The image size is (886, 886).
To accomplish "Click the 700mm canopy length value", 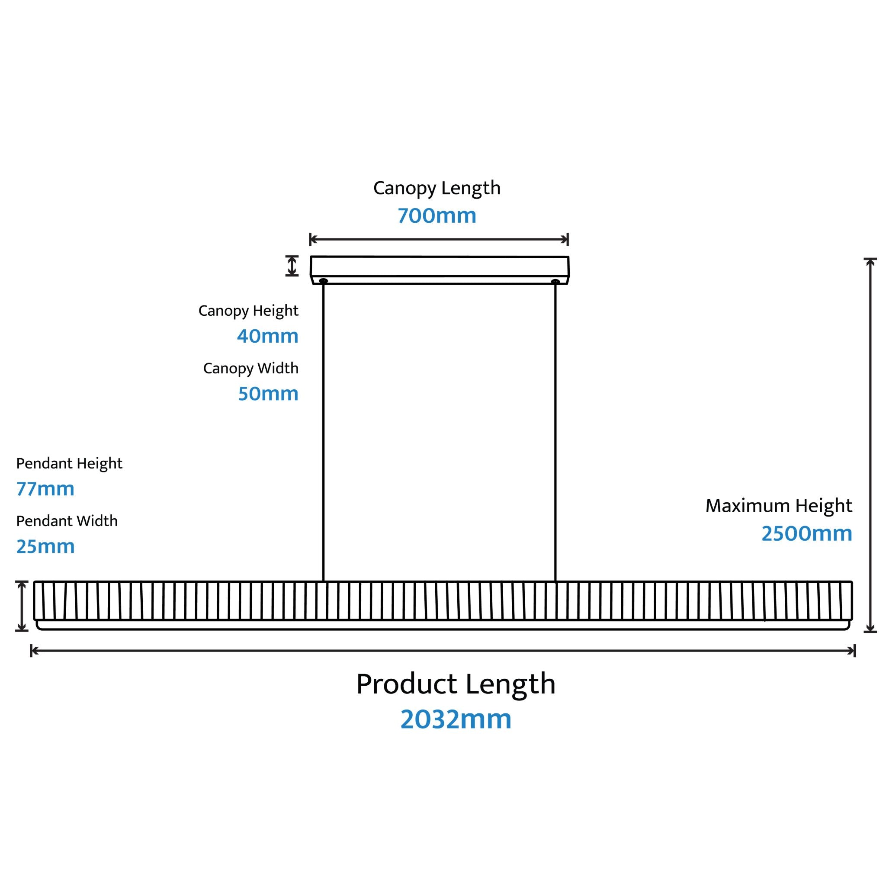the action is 437,215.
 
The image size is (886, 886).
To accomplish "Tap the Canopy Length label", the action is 437,189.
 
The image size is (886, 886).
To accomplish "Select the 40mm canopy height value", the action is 268,336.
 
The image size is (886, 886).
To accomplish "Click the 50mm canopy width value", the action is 268,394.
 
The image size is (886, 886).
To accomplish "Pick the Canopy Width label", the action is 251,369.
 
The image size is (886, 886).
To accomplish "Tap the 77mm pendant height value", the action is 45,489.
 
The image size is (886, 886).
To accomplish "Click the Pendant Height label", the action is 69,464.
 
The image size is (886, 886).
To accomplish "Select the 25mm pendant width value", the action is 45,546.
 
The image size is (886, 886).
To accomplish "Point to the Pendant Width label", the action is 67,521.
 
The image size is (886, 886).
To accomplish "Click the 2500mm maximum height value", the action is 807,533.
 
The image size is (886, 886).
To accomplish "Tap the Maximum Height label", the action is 779,506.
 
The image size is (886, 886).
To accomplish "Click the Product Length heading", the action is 456,684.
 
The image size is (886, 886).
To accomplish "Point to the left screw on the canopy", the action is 323,281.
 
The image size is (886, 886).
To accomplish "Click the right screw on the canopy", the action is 555,281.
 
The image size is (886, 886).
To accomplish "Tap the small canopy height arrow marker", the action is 292,266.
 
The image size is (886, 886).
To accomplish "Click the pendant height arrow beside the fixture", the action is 22,606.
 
